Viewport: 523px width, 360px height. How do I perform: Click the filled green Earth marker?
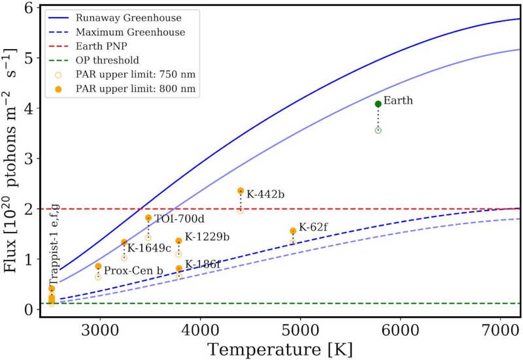pyautogui.click(x=378, y=104)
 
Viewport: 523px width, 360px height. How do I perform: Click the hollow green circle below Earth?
pyautogui.click(x=378, y=130)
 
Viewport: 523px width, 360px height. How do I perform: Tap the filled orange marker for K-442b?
pyautogui.click(x=241, y=191)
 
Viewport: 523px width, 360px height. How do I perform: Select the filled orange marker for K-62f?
pyautogui.click(x=293, y=231)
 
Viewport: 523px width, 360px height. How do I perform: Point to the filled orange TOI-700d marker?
pyautogui.click(x=148, y=218)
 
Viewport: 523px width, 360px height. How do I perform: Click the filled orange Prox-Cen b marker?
pyautogui.click(x=98, y=266)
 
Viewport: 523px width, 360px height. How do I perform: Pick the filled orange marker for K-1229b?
pyautogui.click(x=178, y=241)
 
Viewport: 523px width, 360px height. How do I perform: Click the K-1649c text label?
pyautogui.click(x=149, y=248)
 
